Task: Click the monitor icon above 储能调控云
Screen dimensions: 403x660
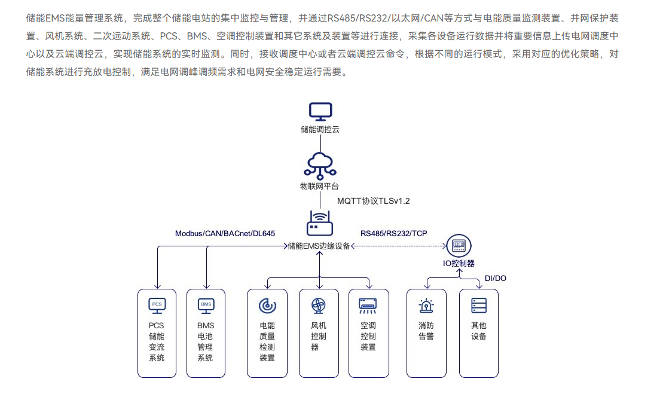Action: [x=320, y=111]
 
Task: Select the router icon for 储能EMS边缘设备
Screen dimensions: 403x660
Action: [x=319, y=223]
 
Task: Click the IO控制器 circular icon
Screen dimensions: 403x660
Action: [x=459, y=245]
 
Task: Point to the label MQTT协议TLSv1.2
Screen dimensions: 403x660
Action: [x=374, y=201]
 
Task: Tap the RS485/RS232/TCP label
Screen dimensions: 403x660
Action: [x=393, y=233]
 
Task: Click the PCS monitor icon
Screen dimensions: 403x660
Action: [x=157, y=306]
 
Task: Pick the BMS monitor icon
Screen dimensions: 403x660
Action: [x=206, y=306]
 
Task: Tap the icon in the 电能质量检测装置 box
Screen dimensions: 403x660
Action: [x=267, y=306]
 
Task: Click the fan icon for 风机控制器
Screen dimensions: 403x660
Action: [x=318, y=306]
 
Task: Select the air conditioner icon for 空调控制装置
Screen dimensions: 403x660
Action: [x=368, y=306]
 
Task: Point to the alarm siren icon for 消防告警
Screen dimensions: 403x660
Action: [x=426, y=306]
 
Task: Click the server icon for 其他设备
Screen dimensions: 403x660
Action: [x=478, y=306]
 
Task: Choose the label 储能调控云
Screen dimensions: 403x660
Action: [x=320, y=129]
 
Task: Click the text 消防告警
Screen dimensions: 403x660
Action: [x=426, y=331]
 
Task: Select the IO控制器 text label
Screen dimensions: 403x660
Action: [x=459, y=263]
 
